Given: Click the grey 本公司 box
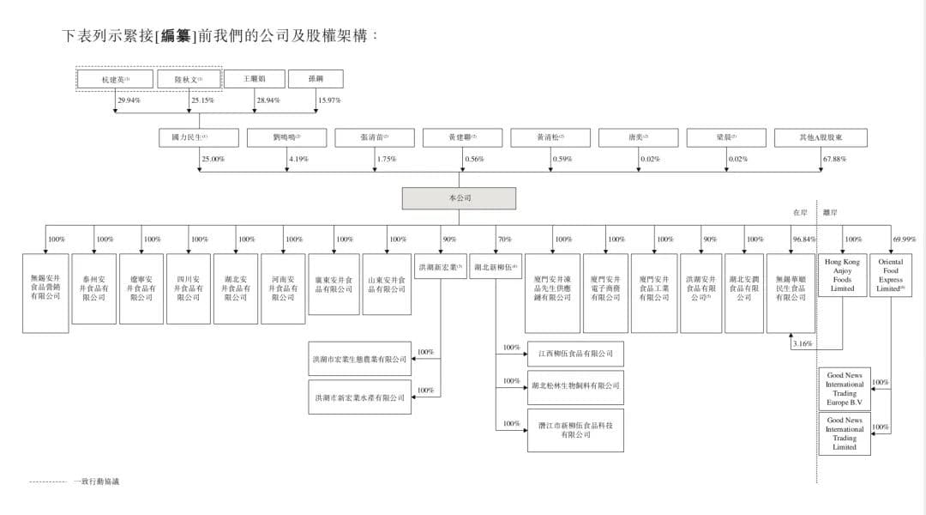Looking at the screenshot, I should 459,198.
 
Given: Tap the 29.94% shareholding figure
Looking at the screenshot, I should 129,100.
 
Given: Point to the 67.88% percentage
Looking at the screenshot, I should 833,159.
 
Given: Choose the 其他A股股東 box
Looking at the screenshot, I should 820,137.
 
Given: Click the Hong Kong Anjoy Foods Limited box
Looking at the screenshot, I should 842,276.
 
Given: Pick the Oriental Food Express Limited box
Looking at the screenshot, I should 891,276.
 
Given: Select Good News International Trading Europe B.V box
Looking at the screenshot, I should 845,389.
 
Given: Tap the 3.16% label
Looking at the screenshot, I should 803,344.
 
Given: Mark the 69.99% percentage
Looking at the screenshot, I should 904,239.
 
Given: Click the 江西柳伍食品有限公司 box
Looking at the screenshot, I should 575,354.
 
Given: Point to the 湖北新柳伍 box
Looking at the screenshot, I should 496,267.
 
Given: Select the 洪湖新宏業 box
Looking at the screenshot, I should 441,267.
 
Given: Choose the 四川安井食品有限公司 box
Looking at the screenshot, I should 188,288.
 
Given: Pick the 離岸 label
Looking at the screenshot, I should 830,211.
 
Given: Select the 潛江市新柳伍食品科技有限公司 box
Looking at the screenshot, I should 575,430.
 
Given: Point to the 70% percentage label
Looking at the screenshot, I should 504,239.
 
